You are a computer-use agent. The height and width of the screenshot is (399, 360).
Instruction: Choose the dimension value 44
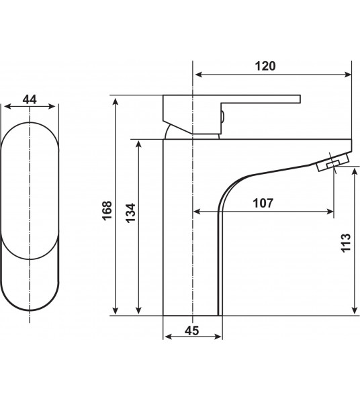(30, 99)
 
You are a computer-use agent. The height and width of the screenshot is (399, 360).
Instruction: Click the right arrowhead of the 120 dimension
(348, 75)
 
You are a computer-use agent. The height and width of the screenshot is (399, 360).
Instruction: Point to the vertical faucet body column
(191, 235)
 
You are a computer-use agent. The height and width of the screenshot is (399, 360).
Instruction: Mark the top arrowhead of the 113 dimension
(354, 171)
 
